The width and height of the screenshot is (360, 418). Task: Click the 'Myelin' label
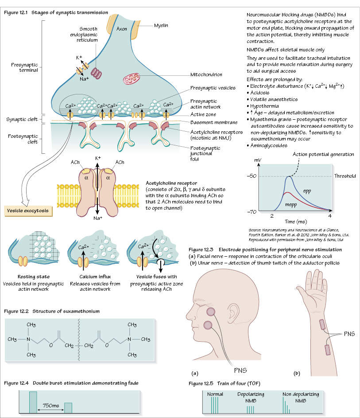click(x=161, y=25)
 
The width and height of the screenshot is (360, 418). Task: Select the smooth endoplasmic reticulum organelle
click(x=96, y=73)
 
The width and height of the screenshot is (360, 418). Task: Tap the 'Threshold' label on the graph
click(x=345, y=176)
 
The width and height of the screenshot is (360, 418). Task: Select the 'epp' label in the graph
click(x=307, y=191)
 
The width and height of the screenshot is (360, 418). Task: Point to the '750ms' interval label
click(x=51, y=405)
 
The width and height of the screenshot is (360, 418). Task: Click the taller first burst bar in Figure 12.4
click(x=33, y=402)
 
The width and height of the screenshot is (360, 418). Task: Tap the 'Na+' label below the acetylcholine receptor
click(x=97, y=218)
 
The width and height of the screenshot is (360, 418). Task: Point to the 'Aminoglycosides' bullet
click(x=270, y=145)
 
